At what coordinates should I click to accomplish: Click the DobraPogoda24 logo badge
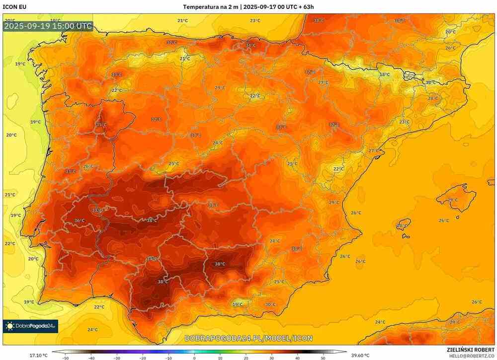click(30, 326)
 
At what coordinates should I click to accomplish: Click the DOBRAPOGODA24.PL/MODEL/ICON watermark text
click(248, 338)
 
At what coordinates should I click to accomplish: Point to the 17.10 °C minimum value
click(38, 355)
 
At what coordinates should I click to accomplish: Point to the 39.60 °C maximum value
click(361, 355)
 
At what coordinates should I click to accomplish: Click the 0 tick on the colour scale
click(194, 358)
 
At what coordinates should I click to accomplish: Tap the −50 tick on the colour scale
click(65, 358)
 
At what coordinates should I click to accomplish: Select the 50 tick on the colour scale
click(324, 358)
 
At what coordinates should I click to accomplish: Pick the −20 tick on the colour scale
click(143, 358)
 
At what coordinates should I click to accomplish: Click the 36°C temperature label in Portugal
click(79, 220)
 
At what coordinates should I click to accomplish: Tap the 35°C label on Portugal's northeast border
click(101, 125)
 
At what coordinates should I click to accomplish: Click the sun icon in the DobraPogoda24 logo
click(9, 326)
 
